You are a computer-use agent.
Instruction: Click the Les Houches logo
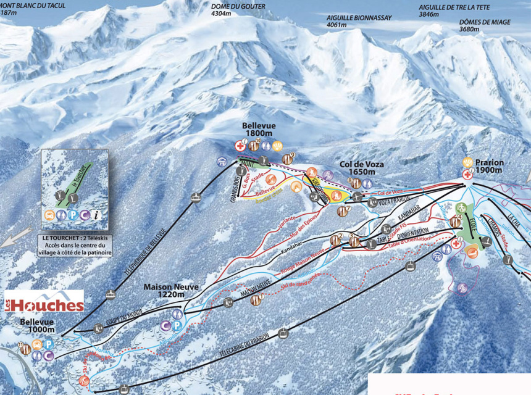pos(44,302)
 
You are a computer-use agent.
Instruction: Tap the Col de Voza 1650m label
pos(362,168)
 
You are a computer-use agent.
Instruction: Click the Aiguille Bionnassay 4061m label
pos(359,22)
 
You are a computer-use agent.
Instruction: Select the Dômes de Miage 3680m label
pos(486,25)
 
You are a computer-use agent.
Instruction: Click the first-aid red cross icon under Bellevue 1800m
pos(240,146)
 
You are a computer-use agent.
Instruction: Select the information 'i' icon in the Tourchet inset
pos(96,215)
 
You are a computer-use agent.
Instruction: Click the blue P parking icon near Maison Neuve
pos(177,325)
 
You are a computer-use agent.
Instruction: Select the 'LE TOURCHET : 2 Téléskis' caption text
pos(74,237)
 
